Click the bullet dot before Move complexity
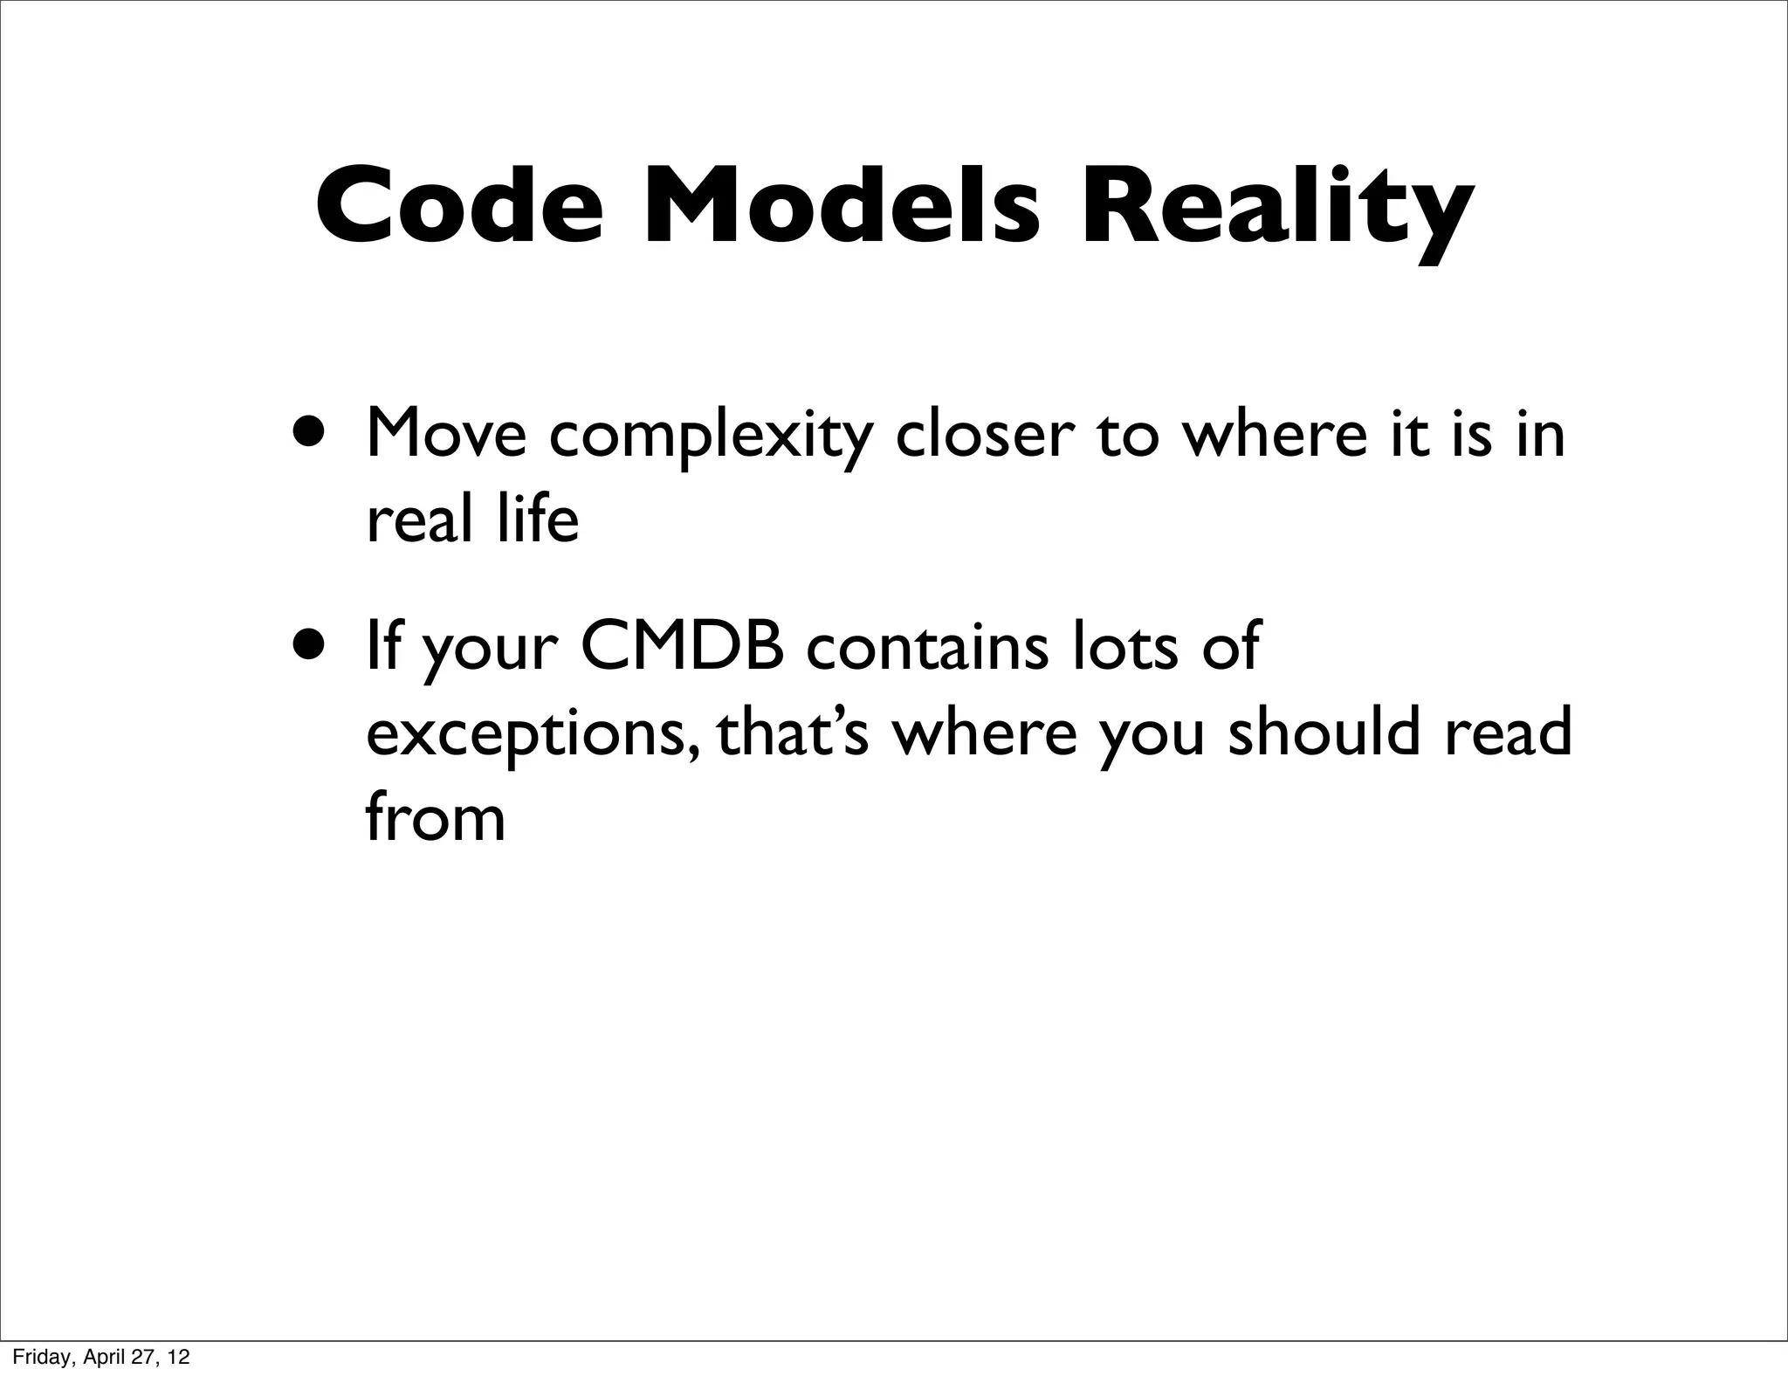click(x=312, y=430)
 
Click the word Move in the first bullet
click(x=446, y=433)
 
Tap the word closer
click(x=982, y=435)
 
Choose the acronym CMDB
click(x=682, y=646)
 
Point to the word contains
click(x=926, y=646)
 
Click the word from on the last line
click(x=435, y=817)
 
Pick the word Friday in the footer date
click(x=38, y=1358)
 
